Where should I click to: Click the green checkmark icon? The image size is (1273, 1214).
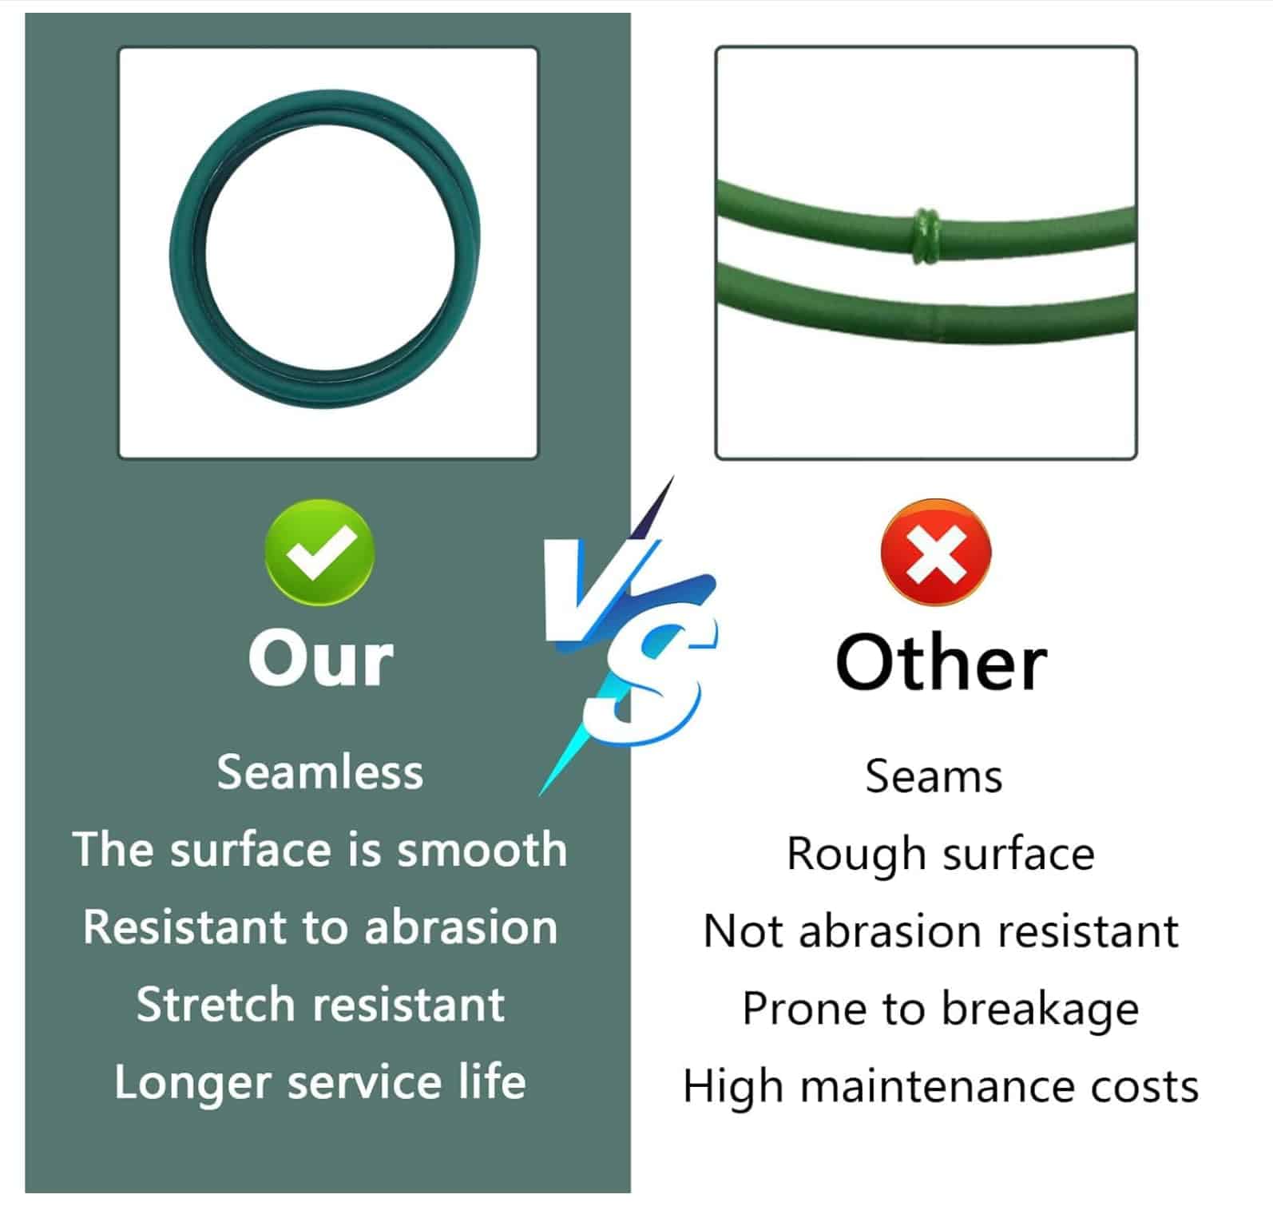tap(319, 552)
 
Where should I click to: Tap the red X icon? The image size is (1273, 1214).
tap(935, 553)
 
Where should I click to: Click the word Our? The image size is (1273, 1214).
tap(321, 660)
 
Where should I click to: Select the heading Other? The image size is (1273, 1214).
tap(941, 662)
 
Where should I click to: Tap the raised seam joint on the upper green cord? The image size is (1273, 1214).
tap(926, 236)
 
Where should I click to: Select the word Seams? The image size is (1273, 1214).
tap(934, 776)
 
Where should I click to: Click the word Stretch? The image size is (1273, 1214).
tap(215, 1004)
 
